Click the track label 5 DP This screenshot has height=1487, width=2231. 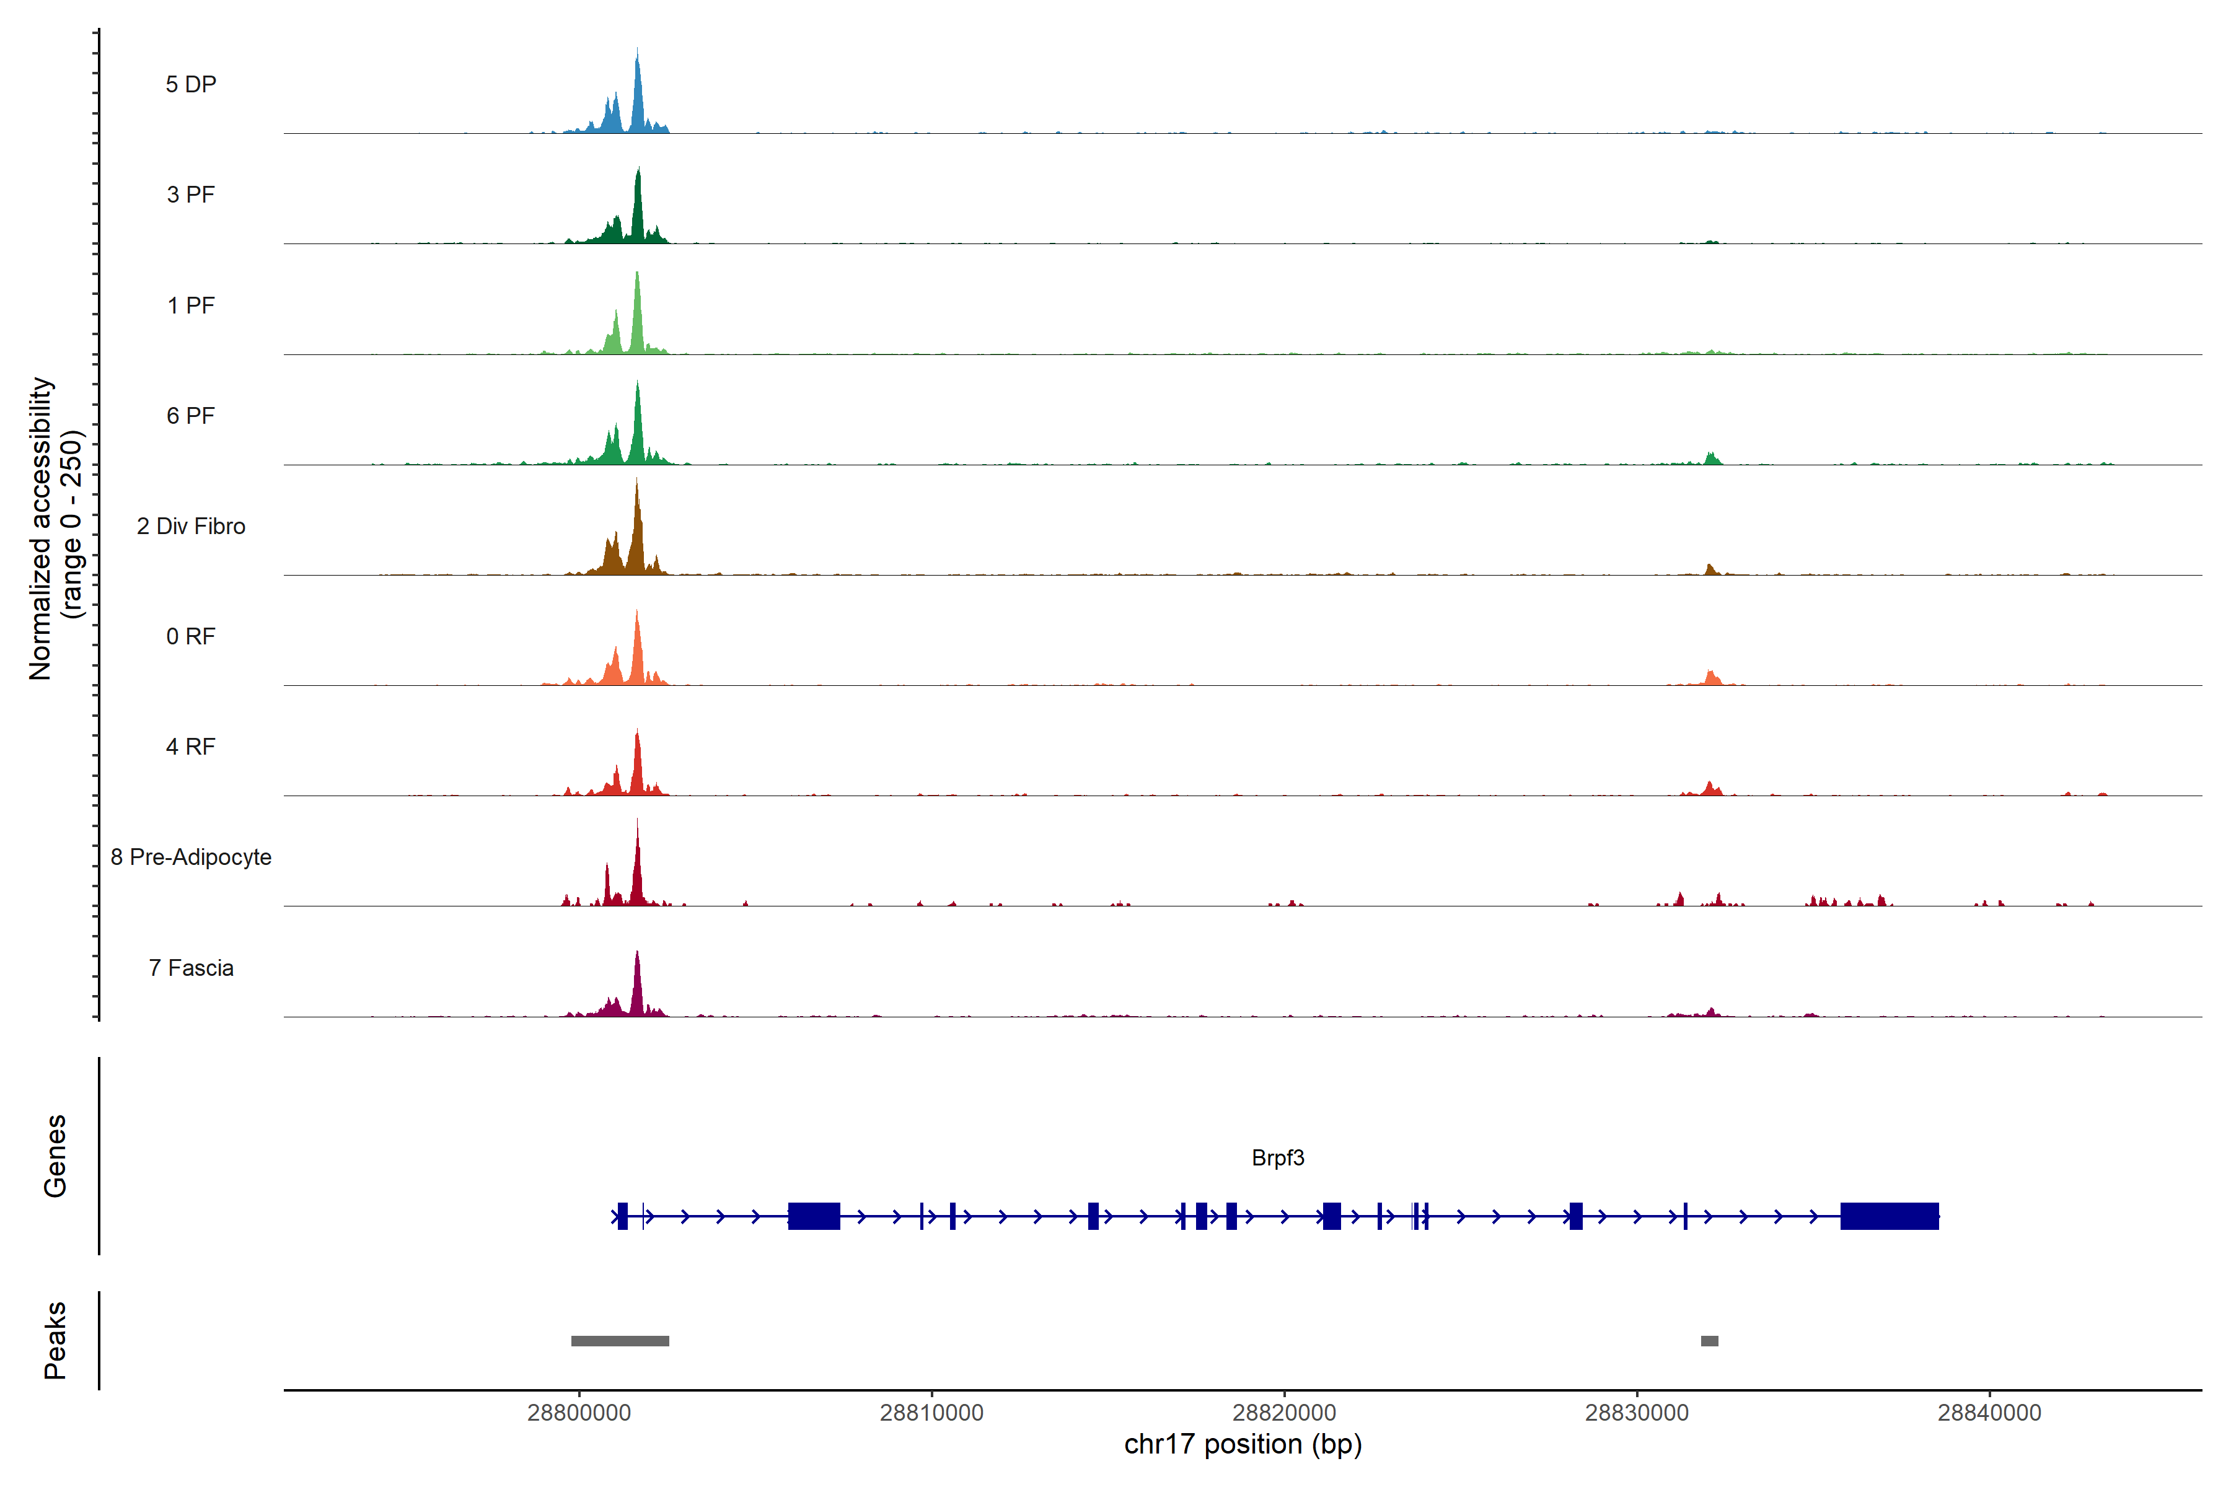pos(191,84)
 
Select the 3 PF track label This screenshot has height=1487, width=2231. pos(191,195)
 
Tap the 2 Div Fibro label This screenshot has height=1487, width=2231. pos(191,526)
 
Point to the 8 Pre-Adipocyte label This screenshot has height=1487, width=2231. pos(191,858)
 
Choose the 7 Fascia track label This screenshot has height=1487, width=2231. pos(191,968)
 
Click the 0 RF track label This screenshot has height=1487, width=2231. pos(191,636)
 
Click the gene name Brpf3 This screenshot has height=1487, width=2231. pos(1278,1158)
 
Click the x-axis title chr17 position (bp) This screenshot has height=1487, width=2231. pos(1243,1444)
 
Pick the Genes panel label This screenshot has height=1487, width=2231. pos(55,1156)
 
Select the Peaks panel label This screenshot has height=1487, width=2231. pos(55,1340)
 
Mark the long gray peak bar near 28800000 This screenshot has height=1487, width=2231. pos(620,1341)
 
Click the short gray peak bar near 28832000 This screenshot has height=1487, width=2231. pos(1709,1341)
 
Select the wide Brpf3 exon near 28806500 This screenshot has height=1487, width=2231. pos(814,1216)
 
